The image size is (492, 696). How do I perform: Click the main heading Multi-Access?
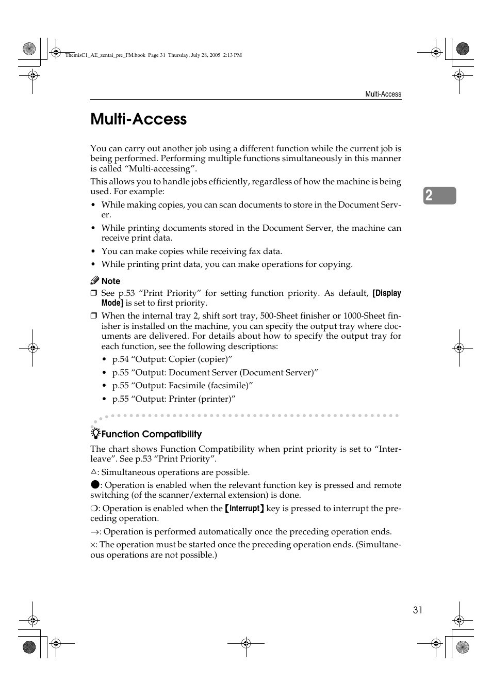point(138,119)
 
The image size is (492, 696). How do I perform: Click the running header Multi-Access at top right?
point(383,94)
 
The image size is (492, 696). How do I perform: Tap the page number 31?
point(417,610)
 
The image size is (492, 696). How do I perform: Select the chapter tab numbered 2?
point(439,196)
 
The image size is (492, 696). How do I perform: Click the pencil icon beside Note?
point(94,280)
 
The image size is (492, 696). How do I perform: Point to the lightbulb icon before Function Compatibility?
point(95,433)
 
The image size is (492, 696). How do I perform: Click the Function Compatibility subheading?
point(151,434)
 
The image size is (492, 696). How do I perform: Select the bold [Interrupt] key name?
point(244,509)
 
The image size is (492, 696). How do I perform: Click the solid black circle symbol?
point(94,484)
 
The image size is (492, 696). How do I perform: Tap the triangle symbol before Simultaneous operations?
point(93,471)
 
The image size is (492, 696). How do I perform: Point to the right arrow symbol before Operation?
point(94,532)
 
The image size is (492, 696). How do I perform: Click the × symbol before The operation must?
point(93,545)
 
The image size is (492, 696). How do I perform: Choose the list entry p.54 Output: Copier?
point(172,359)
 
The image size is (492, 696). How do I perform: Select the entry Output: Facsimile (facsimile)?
point(183,386)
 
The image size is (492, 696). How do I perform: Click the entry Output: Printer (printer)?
point(174,399)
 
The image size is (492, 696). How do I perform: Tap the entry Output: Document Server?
point(215,373)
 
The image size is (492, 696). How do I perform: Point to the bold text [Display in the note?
point(386,293)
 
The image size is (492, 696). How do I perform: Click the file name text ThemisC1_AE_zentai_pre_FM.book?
point(105,55)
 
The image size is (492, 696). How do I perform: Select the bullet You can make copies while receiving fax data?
point(191,251)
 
